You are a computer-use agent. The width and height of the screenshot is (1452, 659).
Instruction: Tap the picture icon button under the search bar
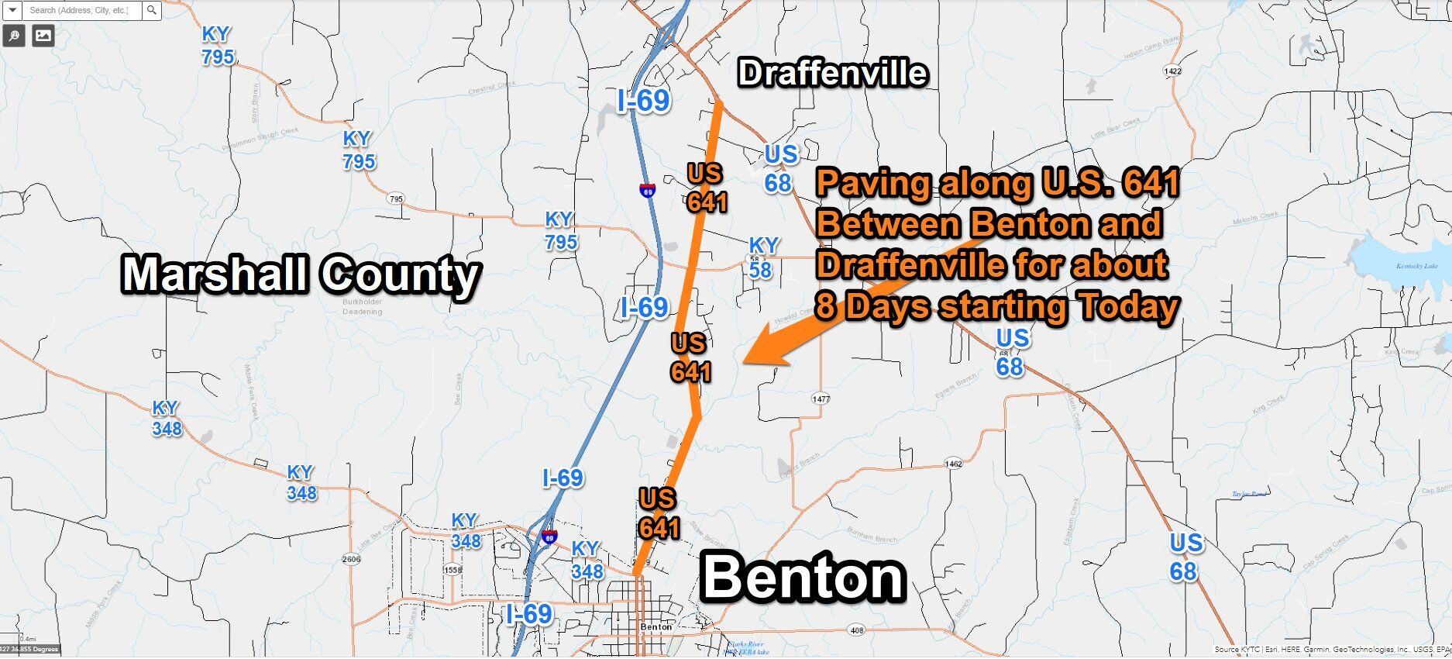(43, 35)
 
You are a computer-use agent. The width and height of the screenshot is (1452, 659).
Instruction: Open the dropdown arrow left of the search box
(12, 11)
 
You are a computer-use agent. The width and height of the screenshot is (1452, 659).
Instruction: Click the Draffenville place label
(832, 73)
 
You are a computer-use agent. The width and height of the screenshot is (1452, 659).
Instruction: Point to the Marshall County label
(301, 275)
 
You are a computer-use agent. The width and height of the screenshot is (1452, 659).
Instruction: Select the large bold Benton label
(803, 578)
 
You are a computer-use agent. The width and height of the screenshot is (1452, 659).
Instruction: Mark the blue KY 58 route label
(762, 257)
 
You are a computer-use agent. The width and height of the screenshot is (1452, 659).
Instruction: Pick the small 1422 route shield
(1172, 71)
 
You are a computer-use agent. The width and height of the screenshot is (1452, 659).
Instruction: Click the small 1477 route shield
(821, 399)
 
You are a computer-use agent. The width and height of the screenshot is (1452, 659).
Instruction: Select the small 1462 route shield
(953, 464)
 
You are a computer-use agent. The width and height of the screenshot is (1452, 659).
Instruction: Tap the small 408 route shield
(856, 631)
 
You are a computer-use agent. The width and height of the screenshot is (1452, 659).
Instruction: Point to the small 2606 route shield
(351, 559)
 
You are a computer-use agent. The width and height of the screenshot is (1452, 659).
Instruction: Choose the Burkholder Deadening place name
(363, 306)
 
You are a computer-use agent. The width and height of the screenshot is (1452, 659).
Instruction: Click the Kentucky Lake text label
(1417, 266)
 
